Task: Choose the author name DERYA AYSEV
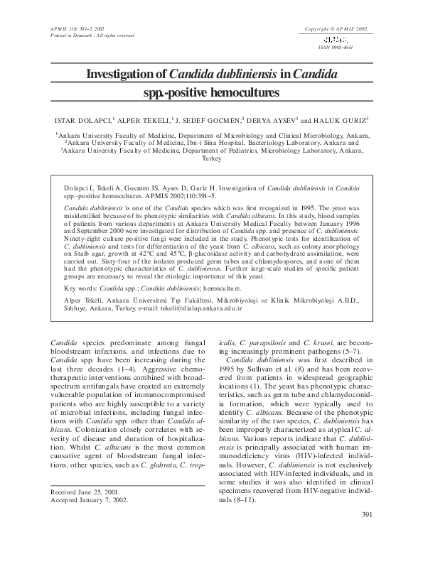tap(273, 121)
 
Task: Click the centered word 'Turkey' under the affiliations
tap(212, 159)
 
